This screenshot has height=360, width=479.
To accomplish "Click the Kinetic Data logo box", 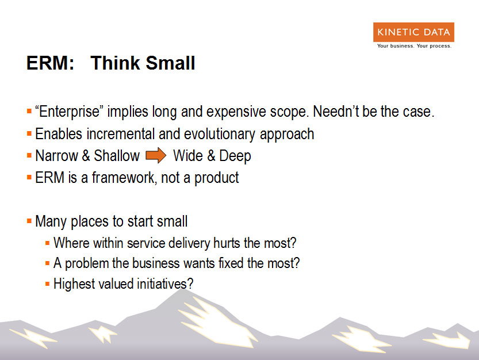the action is tap(413, 32).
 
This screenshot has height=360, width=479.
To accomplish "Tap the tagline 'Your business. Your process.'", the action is tap(414, 46).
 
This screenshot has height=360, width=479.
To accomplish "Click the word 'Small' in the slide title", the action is tap(170, 63).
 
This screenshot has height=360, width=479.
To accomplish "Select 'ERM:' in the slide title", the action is tap(51, 63).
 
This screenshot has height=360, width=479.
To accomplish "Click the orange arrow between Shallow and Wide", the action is tap(156, 155).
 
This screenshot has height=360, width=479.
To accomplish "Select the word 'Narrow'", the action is tap(56, 155).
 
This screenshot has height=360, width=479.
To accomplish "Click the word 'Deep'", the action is tap(235, 156).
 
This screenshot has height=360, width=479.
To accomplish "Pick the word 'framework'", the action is tap(124, 178).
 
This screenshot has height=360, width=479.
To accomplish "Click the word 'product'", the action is tap(217, 178).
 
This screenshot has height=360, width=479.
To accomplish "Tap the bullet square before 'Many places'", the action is tap(29, 221).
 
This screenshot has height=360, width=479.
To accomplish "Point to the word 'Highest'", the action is tap(74, 284).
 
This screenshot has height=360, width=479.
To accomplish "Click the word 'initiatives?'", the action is tap(165, 284).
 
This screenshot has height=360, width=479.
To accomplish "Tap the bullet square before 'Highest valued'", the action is tap(47, 284).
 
